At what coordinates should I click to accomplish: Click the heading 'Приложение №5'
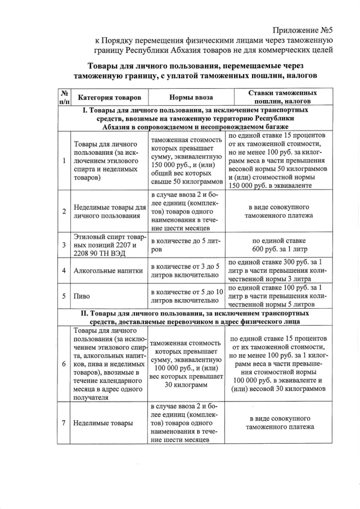coord(303,30)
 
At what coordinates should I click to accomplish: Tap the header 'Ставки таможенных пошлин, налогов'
coord(282,97)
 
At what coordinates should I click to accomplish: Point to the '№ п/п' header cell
coord(64,97)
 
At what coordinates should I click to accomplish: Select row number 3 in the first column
coord(64,245)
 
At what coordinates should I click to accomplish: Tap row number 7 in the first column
coord(64,423)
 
